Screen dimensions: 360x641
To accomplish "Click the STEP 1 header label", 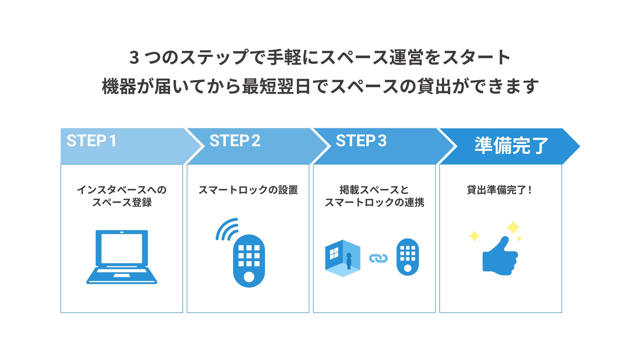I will point(92,141).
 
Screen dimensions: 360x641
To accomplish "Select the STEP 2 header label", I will point(235,141).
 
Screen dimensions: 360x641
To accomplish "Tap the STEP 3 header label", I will point(361,141).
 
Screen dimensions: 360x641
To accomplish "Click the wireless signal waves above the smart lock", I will point(227,229).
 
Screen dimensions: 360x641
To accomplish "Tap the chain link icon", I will point(378,259).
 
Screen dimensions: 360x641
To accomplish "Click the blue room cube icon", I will point(343,258).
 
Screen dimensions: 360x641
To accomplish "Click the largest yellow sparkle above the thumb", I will point(513,227).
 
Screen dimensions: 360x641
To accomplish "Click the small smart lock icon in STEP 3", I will point(408,257).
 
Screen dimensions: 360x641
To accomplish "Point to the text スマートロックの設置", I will point(248,190).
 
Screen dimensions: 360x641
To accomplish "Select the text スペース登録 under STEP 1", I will point(122,202).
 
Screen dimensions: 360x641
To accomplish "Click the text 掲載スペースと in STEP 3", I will point(374,190).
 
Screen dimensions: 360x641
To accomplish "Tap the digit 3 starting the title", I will point(134,57).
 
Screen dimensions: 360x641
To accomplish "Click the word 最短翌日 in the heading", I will point(276,86).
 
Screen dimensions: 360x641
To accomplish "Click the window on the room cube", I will point(334,253).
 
